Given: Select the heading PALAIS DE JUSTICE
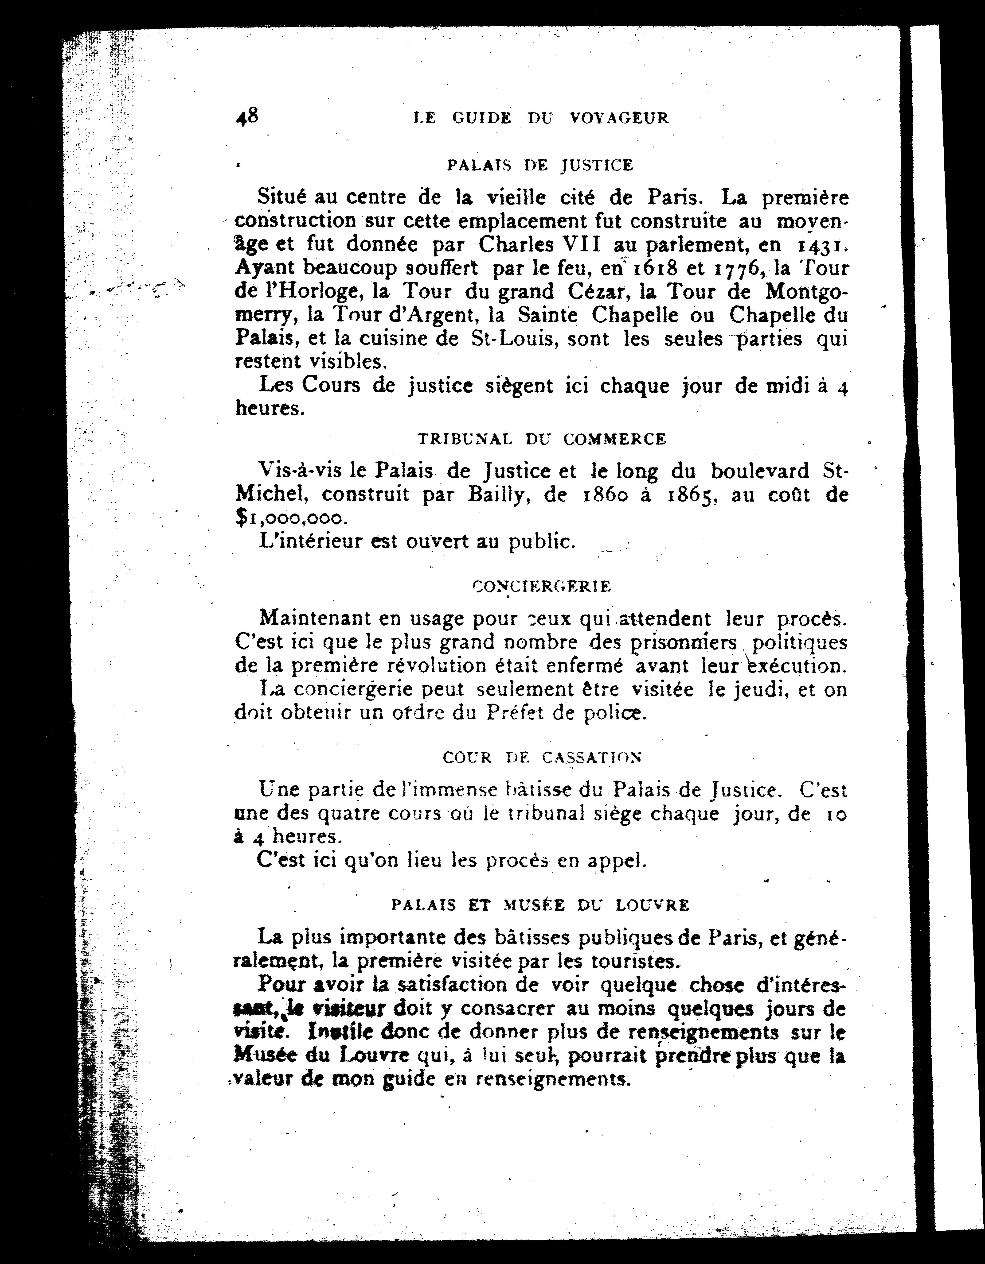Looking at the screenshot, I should coord(540,166).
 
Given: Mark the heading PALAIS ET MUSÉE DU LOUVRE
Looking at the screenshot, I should coord(540,905).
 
